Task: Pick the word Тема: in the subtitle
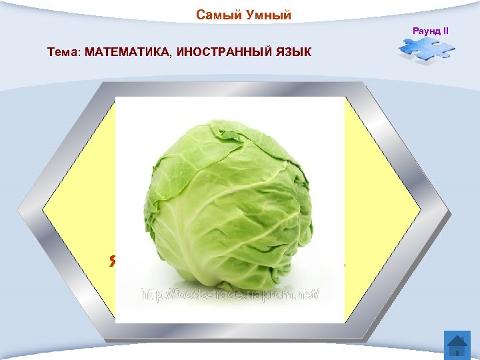coord(64,51)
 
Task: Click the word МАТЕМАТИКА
coord(128,51)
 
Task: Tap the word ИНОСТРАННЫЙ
coord(223,51)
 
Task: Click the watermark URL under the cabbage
coord(231,293)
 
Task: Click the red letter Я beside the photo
coord(112,260)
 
